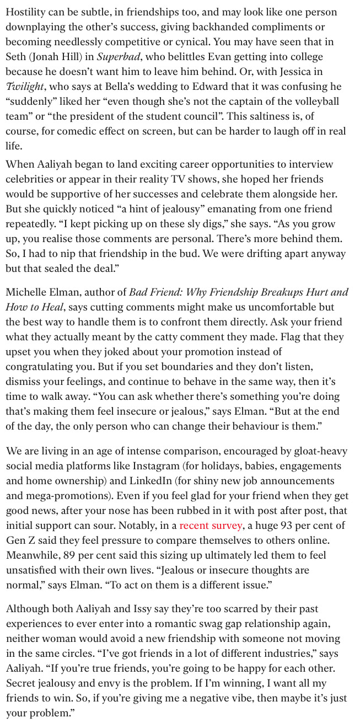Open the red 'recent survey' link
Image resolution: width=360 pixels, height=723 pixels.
point(211,526)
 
